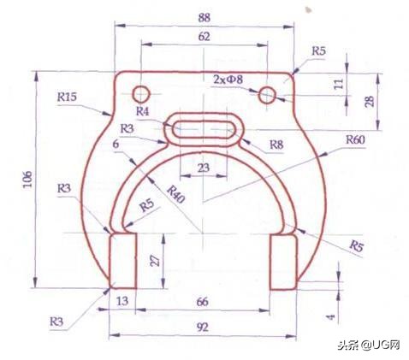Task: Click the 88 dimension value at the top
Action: pos(204,18)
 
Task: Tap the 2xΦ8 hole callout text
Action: pos(228,79)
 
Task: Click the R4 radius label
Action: pos(143,111)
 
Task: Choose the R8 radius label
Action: pos(276,145)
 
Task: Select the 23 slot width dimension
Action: pos(203,168)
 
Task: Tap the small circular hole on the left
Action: pos(142,92)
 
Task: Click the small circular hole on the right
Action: pos(268,93)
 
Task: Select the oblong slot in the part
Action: pos(205,130)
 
